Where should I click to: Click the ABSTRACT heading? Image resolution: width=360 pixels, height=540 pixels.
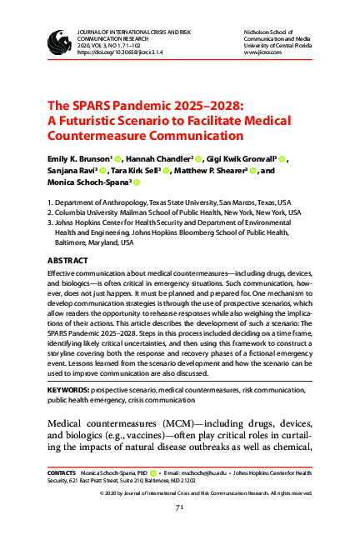(x=67, y=261)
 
